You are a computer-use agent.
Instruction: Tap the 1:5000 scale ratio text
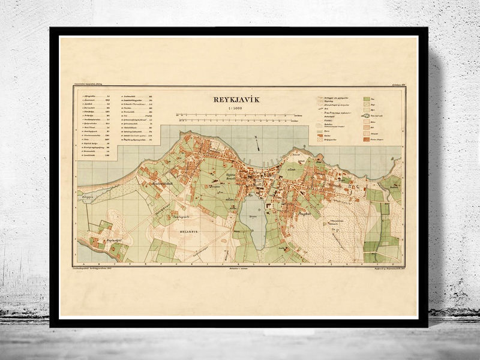pos(239,108)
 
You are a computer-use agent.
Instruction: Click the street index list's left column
pos(96,126)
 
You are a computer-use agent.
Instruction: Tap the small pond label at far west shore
pos(85,196)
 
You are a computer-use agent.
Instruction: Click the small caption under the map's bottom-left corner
pos(99,268)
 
